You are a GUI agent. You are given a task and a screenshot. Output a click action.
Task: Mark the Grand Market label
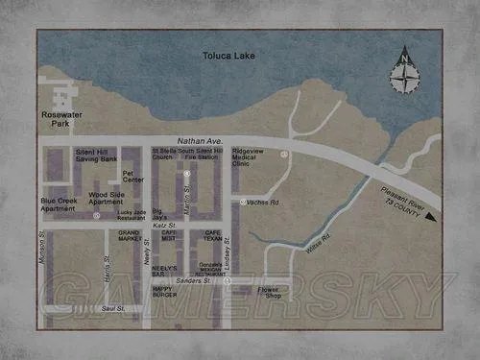pyautogui.click(x=129, y=236)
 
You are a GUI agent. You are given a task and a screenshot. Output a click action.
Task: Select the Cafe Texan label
pyautogui.click(x=214, y=236)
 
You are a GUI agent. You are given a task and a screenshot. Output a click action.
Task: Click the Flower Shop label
pyautogui.click(x=272, y=292)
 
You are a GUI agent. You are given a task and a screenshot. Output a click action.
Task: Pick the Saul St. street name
pyautogui.click(x=113, y=308)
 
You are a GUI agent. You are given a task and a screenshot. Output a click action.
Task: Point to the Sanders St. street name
pyautogui.click(x=193, y=280)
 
